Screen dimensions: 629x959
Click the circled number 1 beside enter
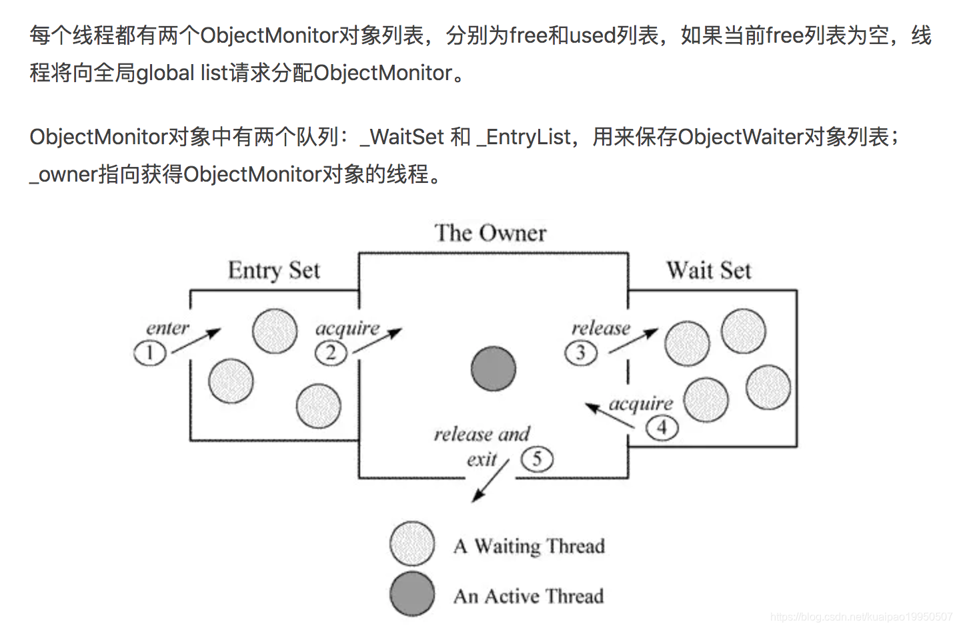coord(150,353)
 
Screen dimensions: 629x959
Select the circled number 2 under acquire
coord(331,353)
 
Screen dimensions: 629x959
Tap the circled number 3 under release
coord(581,352)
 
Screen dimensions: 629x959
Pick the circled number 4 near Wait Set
coord(662,427)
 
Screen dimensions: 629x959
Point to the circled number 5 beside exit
coord(537,459)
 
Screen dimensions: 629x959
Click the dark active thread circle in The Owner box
coord(494,369)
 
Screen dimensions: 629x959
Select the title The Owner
coord(490,233)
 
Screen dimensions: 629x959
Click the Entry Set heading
coord(274,270)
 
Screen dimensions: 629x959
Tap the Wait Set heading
coord(709,270)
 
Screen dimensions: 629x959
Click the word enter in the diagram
coord(167,328)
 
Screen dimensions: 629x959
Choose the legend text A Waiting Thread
coord(529,546)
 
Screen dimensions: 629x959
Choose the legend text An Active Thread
coord(529,596)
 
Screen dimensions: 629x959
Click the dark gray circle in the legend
coord(412,594)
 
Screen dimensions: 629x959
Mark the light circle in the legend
coord(412,544)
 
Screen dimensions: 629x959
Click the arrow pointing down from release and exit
coord(490,481)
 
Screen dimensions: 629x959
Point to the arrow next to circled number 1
coord(197,341)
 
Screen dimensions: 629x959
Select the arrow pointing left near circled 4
coord(609,417)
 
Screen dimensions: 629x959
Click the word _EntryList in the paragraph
coord(524,137)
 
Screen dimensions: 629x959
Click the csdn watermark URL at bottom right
coord(861,617)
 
